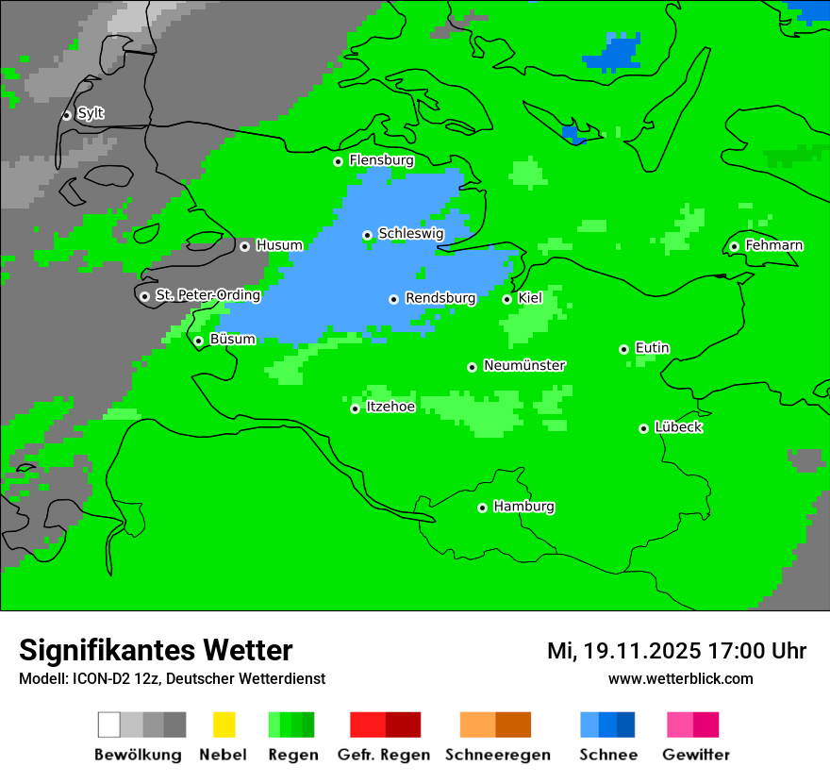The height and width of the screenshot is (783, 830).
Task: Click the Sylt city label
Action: click(91, 114)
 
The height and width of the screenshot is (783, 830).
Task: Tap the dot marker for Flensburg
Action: click(339, 161)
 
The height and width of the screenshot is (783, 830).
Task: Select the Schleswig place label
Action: click(410, 234)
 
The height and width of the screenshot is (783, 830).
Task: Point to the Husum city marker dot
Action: click(244, 246)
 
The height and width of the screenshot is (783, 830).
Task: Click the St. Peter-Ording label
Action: click(207, 295)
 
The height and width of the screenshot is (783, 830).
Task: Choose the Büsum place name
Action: click(232, 340)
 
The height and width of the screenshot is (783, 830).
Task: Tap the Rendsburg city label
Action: click(440, 299)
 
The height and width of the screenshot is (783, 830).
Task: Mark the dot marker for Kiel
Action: click(506, 299)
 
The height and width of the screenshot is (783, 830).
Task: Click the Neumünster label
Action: click(524, 366)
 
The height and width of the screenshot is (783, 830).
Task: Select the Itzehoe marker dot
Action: click(355, 408)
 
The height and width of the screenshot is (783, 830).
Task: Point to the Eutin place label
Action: click(652, 348)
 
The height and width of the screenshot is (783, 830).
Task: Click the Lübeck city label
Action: click(678, 427)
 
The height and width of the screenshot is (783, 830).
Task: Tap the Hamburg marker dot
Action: click(482, 508)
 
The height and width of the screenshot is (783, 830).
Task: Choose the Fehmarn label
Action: click(773, 246)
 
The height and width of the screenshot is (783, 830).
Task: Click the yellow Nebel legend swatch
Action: click(224, 725)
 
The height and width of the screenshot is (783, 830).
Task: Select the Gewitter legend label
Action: click(695, 755)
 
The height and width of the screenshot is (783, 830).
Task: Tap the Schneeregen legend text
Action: click(497, 755)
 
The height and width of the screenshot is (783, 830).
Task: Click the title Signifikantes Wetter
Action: click(156, 650)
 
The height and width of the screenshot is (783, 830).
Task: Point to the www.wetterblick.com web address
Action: click(680, 678)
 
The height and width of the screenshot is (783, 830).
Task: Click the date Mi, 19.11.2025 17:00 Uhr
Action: click(676, 651)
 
